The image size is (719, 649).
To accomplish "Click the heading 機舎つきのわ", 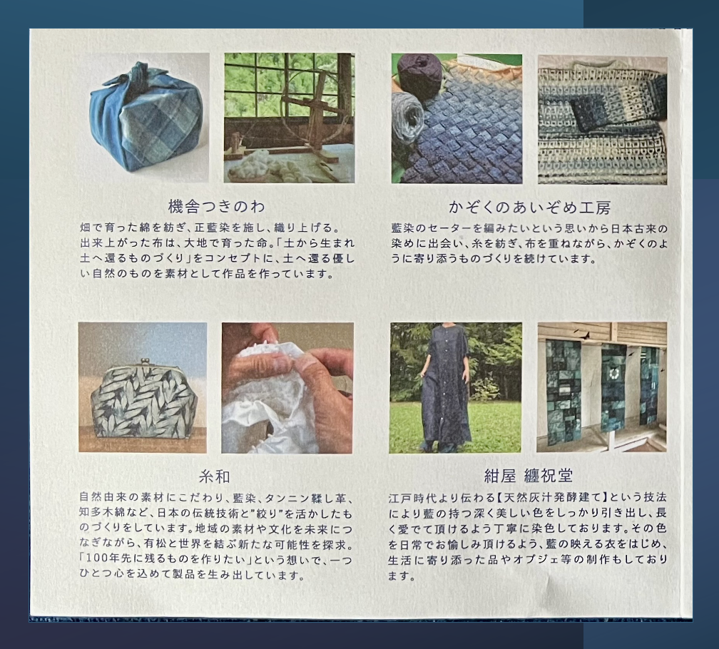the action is tap(216, 207).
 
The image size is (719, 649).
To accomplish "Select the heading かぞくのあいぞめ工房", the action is tap(529, 208).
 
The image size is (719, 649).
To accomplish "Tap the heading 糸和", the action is tap(214, 477).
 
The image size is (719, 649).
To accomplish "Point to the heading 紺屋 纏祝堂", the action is tap(529, 476).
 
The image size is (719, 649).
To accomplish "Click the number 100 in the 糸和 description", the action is tap(95, 560).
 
